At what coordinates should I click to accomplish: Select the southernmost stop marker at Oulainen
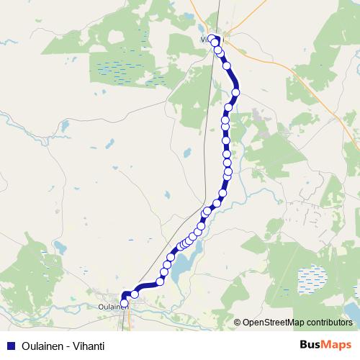tap(125, 304)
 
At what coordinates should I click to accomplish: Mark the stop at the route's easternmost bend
tap(235, 92)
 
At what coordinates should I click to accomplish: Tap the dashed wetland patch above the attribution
tap(310, 278)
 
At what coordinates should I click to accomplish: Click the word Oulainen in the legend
tap(40, 346)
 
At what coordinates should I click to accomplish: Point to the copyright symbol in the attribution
tap(238, 323)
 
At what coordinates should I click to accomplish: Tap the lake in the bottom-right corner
tap(353, 311)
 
